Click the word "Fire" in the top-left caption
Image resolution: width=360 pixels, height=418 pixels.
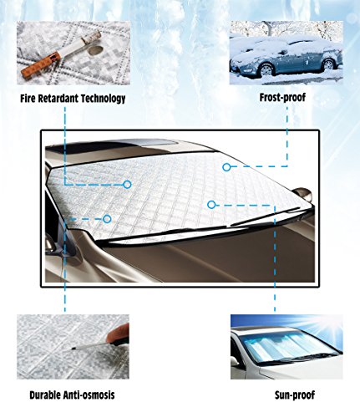pos(28,99)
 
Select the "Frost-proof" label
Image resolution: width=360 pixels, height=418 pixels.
pos(282,98)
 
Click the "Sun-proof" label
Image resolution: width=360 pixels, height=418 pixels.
pos(295,395)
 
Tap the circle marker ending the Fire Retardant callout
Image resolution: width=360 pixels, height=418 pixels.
pos(127,185)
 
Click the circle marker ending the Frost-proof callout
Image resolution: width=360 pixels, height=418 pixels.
pos(226,167)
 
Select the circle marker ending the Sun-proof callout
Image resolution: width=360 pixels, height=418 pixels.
pos(211,205)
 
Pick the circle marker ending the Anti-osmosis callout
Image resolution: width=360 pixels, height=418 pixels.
pos(107,219)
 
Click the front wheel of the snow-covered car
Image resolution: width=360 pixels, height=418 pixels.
pos(266,69)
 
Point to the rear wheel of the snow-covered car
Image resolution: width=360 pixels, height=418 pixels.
pos(328,64)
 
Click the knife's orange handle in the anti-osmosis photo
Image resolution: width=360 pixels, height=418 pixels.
pos(118,334)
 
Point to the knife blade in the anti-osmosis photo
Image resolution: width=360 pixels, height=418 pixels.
pos(89,346)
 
